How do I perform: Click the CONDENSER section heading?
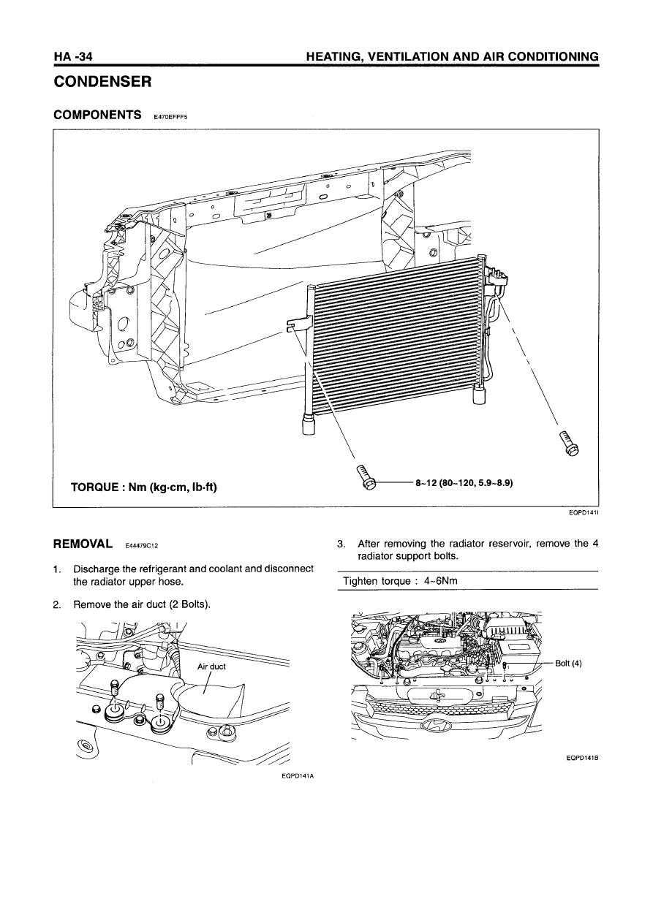[x=103, y=82]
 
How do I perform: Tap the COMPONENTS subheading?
[x=98, y=115]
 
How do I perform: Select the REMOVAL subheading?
[x=83, y=544]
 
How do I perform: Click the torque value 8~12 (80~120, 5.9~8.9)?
[x=463, y=483]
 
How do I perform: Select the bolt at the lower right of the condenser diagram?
[x=568, y=444]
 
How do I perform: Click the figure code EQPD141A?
[x=296, y=775]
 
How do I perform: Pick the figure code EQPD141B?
[x=583, y=758]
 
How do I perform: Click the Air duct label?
[x=211, y=666]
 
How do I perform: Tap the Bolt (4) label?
[x=568, y=664]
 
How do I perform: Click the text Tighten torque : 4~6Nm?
[x=401, y=581]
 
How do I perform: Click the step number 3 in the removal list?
[x=340, y=544]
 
